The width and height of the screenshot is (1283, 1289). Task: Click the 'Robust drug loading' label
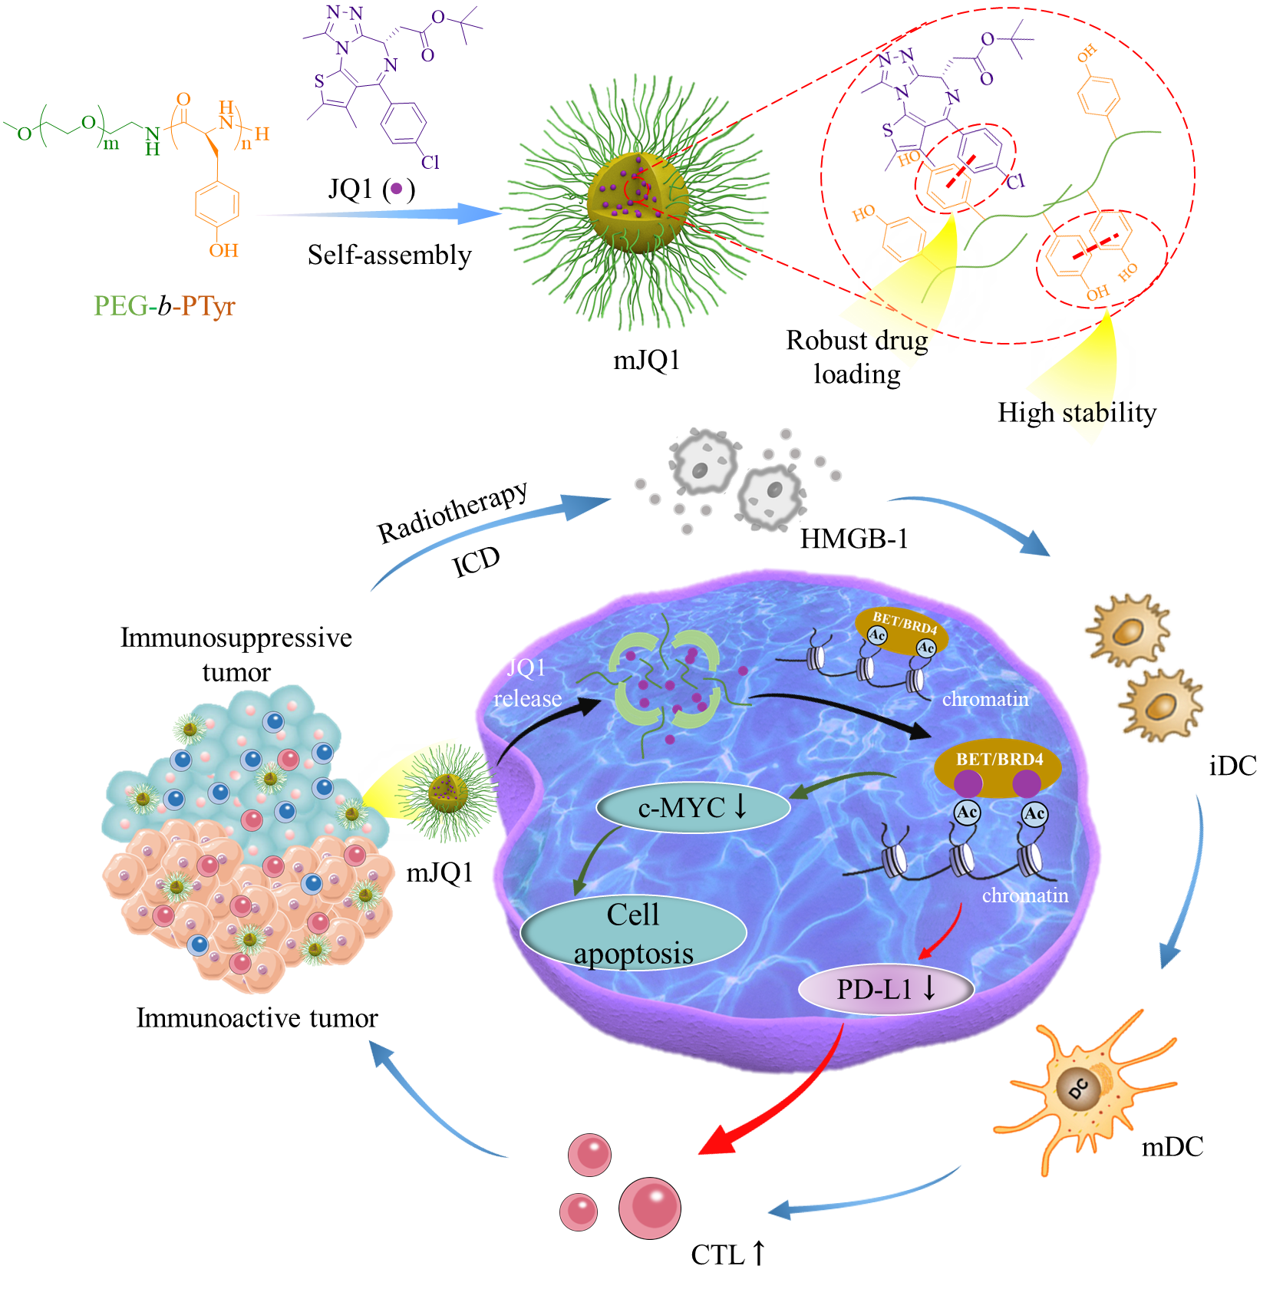click(856, 357)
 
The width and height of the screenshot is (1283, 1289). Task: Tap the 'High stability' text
click(1076, 413)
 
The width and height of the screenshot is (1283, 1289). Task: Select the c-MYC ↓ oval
click(693, 807)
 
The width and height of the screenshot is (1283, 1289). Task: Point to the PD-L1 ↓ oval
click(886, 989)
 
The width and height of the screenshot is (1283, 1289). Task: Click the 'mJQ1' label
click(439, 872)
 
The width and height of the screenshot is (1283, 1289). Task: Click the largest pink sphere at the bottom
click(649, 1208)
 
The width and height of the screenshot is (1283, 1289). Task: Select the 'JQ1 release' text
click(527, 683)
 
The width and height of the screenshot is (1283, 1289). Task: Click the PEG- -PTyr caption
click(163, 306)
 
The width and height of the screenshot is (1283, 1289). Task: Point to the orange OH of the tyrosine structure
click(223, 251)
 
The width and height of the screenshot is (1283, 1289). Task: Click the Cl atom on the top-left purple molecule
click(430, 162)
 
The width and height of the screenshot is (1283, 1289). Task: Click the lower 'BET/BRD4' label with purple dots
click(999, 760)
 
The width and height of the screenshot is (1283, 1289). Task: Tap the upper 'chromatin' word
click(985, 699)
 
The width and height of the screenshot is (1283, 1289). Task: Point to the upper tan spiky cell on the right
click(1127, 629)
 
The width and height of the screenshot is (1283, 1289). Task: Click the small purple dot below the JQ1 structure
click(396, 188)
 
